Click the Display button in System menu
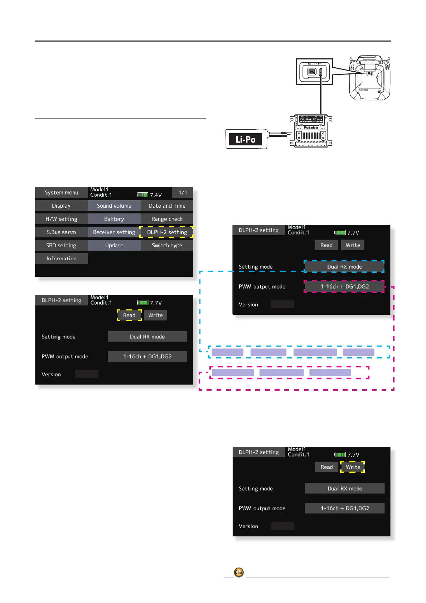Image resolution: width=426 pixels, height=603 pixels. point(61,206)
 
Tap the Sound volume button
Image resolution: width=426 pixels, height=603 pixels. point(114,206)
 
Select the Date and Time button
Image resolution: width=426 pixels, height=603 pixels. point(167,206)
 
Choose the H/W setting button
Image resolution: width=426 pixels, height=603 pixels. point(61,219)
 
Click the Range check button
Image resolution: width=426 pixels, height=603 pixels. point(167,219)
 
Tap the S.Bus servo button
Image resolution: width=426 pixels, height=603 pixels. point(61,232)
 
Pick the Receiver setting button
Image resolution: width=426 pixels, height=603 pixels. point(114,232)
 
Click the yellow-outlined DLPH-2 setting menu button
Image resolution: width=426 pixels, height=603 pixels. point(167,232)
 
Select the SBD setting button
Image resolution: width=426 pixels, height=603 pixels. point(61,245)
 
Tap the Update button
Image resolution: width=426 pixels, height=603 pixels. point(114,245)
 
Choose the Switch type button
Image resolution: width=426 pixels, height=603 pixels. point(167,245)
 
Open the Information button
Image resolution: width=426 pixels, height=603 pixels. point(61,259)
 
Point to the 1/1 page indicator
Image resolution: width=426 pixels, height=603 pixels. point(183,193)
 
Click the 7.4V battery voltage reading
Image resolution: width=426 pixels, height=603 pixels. point(155,195)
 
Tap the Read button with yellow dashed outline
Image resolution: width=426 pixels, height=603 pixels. point(129,315)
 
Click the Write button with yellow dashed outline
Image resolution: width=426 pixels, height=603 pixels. point(353,467)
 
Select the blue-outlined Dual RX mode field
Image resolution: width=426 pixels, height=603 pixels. point(344,267)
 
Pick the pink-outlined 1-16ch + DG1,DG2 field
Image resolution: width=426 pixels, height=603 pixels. point(344,286)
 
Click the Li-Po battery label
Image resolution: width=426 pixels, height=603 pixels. point(246,140)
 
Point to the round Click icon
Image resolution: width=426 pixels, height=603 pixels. point(239,573)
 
